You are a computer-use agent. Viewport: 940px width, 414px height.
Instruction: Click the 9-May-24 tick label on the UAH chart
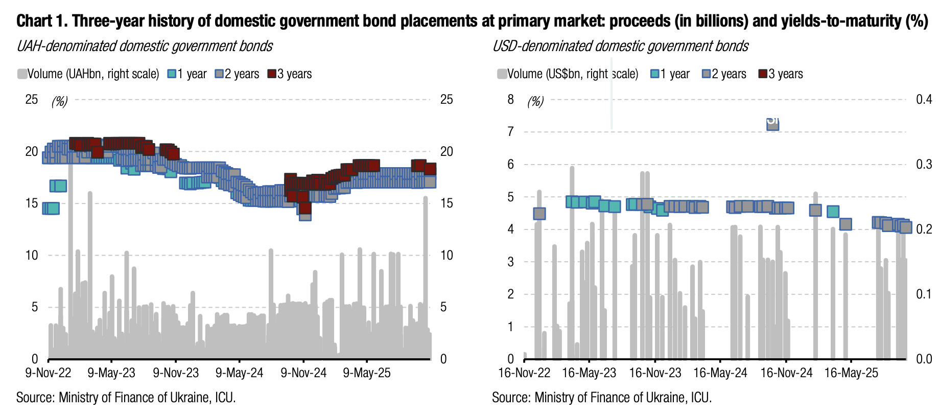(x=239, y=373)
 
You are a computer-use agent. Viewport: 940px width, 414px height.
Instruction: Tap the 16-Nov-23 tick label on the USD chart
(x=655, y=373)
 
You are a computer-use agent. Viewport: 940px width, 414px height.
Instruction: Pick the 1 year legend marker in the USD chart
(x=655, y=74)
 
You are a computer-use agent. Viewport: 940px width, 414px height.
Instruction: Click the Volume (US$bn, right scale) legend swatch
(x=502, y=74)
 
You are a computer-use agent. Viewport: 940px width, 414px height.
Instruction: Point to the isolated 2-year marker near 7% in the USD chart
(x=772, y=124)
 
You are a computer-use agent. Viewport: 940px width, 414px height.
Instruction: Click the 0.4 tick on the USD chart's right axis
(x=924, y=99)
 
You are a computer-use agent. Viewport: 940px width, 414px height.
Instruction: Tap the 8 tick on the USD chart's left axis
(x=510, y=99)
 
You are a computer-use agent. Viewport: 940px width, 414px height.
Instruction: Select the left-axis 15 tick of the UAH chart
(x=32, y=203)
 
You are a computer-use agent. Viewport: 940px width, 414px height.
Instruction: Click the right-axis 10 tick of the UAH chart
(x=447, y=256)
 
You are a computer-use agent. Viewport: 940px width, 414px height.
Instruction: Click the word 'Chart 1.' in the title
(x=42, y=21)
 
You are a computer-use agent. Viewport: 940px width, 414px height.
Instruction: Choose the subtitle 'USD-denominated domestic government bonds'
(x=620, y=46)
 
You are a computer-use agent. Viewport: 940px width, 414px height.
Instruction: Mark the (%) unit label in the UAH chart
(x=59, y=101)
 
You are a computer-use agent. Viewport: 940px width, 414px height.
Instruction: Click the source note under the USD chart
(x=601, y=397)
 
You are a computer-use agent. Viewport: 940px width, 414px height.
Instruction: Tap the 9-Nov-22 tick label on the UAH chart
(x=48, y=373)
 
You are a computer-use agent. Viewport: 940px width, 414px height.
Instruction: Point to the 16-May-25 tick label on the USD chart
(x=851, y=373)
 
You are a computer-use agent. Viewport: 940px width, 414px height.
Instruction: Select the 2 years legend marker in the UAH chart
(x=220, y=74)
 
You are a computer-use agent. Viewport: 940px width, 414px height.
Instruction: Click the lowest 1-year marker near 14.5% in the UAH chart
(x=52, y=208)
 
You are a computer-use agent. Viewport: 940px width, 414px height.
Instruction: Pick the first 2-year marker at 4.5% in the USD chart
(x=539, y=214)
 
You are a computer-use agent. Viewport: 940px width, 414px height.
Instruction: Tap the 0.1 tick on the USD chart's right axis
(x=924, y=294)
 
